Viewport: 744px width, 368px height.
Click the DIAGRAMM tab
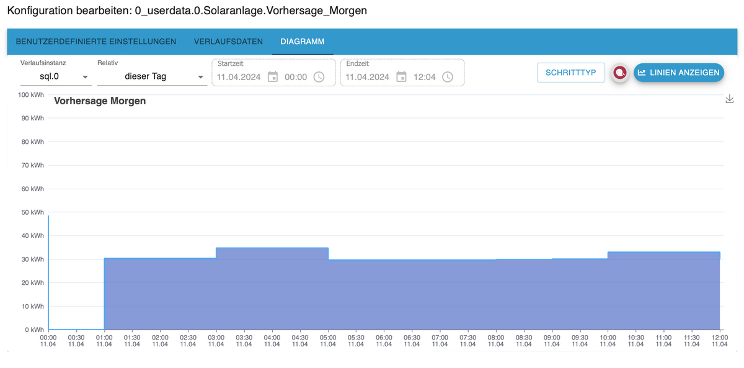pos(303,42)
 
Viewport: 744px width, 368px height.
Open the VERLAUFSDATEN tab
pos(228,42)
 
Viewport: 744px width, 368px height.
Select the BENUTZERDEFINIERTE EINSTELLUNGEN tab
pos(96,42)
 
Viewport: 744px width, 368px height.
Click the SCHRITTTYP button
pos(570,73)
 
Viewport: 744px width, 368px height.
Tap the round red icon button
pos(619,73)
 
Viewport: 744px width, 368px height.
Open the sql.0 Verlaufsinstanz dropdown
pos(56,77)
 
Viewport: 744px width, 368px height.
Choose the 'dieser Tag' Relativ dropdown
pos(152,77)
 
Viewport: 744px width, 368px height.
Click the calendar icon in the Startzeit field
pos(273,77)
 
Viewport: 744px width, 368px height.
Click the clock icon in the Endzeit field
pos(448,77)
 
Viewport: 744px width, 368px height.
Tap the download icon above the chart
pos(730,99)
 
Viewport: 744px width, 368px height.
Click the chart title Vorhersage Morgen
pos(100,101)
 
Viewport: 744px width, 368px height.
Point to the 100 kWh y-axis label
pos(31,94)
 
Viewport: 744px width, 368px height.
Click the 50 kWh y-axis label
pos(33,212)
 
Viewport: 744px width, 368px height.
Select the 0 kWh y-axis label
pos(35,330)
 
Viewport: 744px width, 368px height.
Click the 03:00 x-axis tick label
pos(216,341)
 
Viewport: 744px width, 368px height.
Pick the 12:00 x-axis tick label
pos(719,341)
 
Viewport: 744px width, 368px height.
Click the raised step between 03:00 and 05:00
pos(272,285)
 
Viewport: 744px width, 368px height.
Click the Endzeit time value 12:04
pos(425,77)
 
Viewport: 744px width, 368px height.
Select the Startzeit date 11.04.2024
pos(239,77)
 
